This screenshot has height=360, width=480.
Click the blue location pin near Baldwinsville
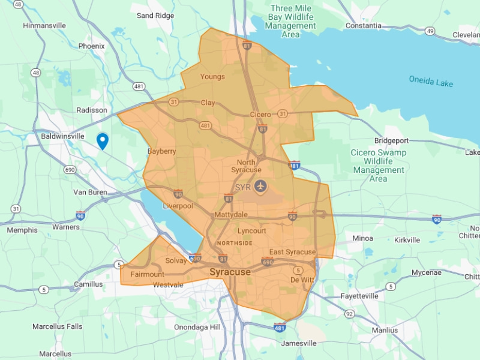[103, 140]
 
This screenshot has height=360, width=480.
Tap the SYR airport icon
[260, 186]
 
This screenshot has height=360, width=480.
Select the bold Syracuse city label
[230, 272]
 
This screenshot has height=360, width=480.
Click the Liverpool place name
[178, 206]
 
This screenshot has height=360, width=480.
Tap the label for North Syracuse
[246, 166]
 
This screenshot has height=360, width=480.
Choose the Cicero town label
[260, 114]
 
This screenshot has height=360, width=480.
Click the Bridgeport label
[391, 140]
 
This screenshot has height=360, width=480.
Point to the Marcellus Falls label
[58, 326]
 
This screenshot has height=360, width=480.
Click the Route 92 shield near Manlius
[350, 313]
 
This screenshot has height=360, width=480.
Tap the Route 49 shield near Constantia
[430, 30]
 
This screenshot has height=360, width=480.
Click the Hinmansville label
[44, 26]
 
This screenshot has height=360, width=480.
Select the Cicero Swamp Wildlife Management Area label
[379, 166]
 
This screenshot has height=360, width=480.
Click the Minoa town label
[362, 238]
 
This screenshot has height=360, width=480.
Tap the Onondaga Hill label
[197, 327]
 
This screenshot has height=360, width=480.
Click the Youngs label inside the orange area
[212, 77]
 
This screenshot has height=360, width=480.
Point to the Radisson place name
[92, 110]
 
